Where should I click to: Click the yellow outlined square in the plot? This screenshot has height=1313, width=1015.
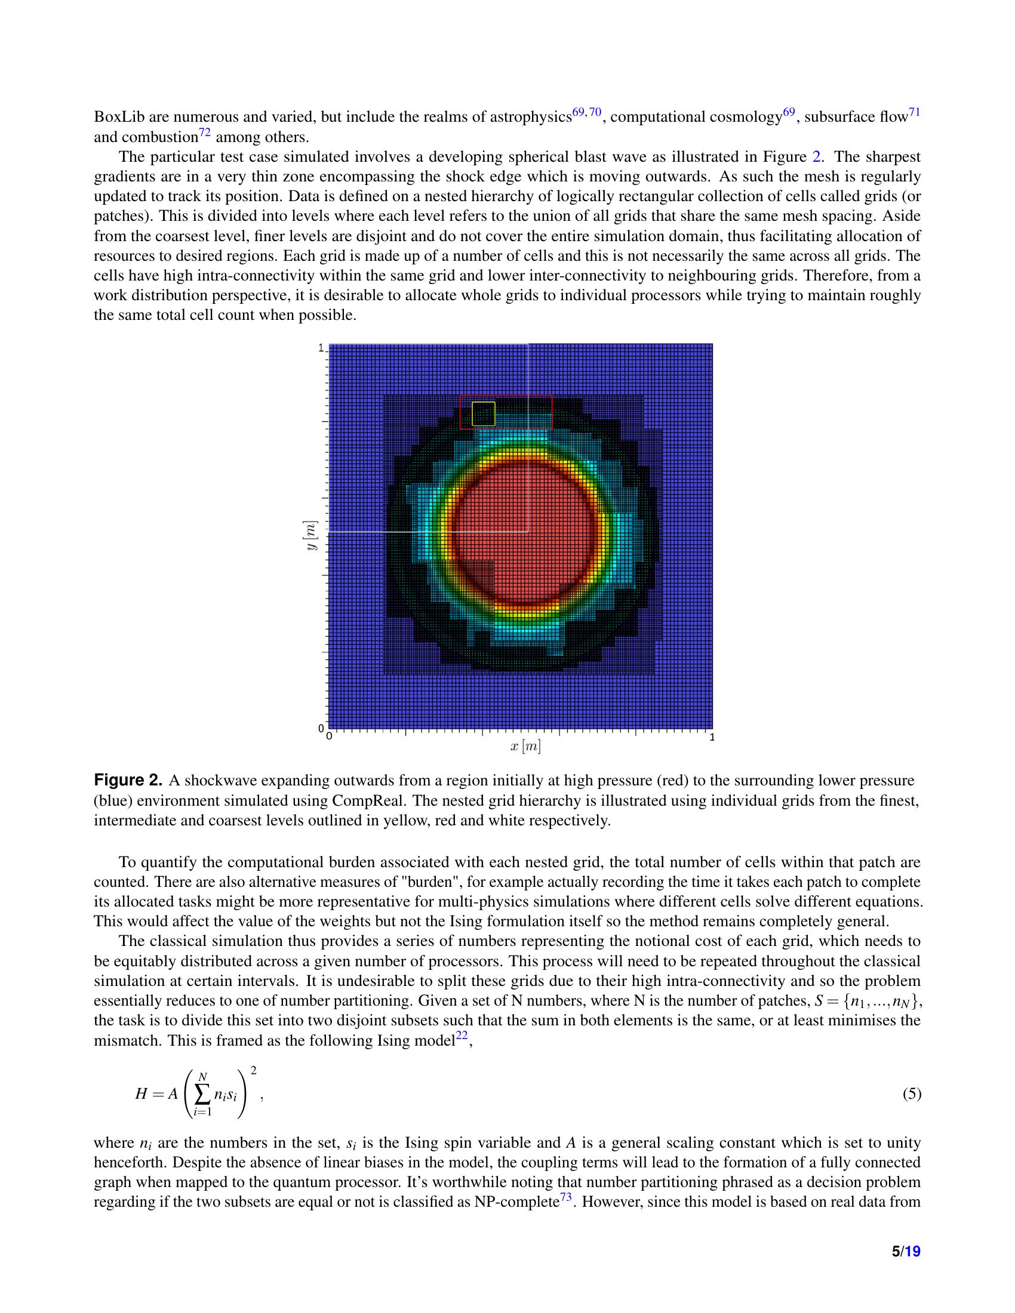(483, 414)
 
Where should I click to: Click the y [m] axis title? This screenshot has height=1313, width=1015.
(311, 537)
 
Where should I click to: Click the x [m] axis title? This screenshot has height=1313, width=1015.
(525, 747)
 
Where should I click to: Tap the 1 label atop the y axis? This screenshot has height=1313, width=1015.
(321, 347)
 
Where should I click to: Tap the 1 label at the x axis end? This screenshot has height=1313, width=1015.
(712, 737)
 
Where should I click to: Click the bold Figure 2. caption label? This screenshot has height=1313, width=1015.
(128, 781)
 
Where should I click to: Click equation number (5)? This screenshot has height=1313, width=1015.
(912, 1093)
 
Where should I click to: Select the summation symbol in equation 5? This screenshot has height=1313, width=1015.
(202, 1094)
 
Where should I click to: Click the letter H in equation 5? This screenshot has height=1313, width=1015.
(142, 1094)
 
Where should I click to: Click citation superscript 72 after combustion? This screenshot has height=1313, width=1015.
(205, 132)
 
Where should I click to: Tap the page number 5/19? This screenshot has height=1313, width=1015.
(906, 1251)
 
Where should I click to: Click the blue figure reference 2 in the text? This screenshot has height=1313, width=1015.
(816, 157)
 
